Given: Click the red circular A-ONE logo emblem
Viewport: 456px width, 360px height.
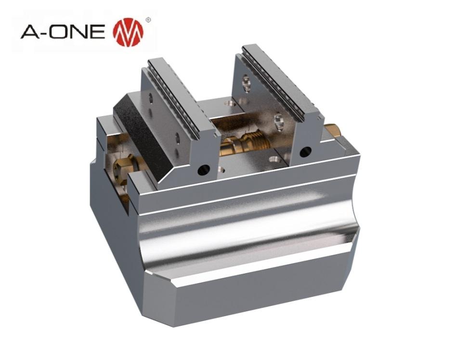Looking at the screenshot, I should click(128, 32).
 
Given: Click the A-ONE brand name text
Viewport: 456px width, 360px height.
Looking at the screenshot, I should click(63, 32).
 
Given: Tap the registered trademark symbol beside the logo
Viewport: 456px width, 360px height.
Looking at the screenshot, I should click(147, 21).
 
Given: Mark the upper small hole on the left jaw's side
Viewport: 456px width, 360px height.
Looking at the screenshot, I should click(151, 99).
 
